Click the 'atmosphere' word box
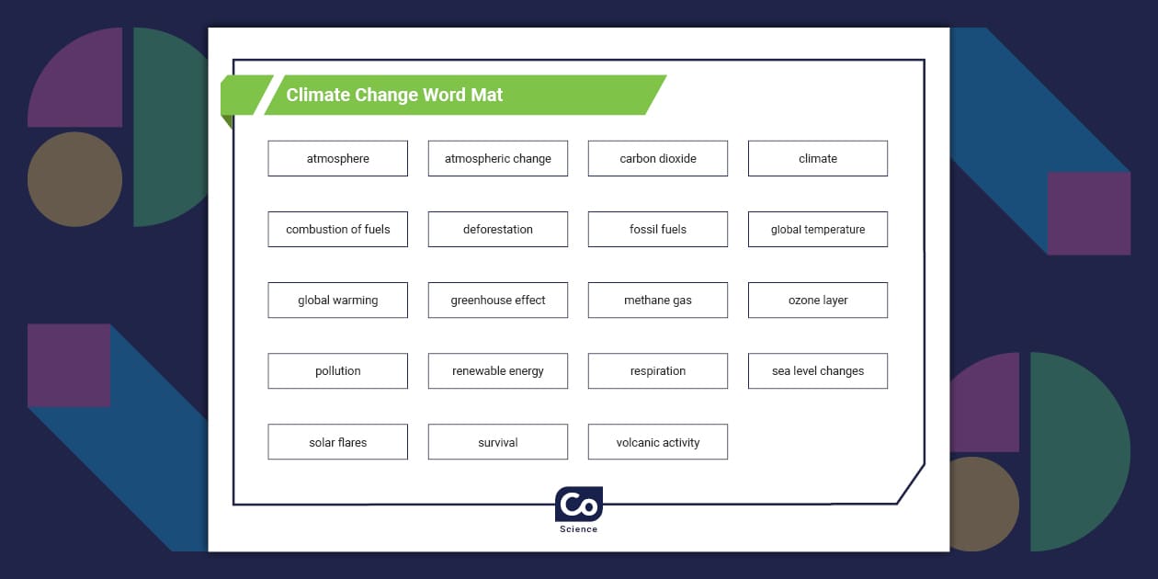click(x=337, y=158)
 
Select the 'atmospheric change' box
click(x=497, y=158)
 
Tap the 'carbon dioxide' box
click(x=657, y=158)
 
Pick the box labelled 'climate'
click(x=817, y=158)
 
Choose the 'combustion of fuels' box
click(x=337, y=229)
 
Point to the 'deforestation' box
click(x=497, y=229)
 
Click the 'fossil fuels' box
click(x=657, y=229)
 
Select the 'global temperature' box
click(x=817, y=229)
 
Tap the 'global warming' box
click(x=337, y=300)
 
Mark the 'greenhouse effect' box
click(x=497, y=300)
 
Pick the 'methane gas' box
click(x=657, y=300)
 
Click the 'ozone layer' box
click(x=817, y=300)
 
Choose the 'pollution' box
click(x=337, y=370)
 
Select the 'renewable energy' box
click(x=497, y=370)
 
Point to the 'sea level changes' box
click(x=817, y=370)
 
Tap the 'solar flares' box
click(x=337, y=442)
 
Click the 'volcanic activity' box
click(x=657, y=442)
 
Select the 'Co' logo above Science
click(x=579, y=505)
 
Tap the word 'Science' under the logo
click(x=579, y=529)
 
